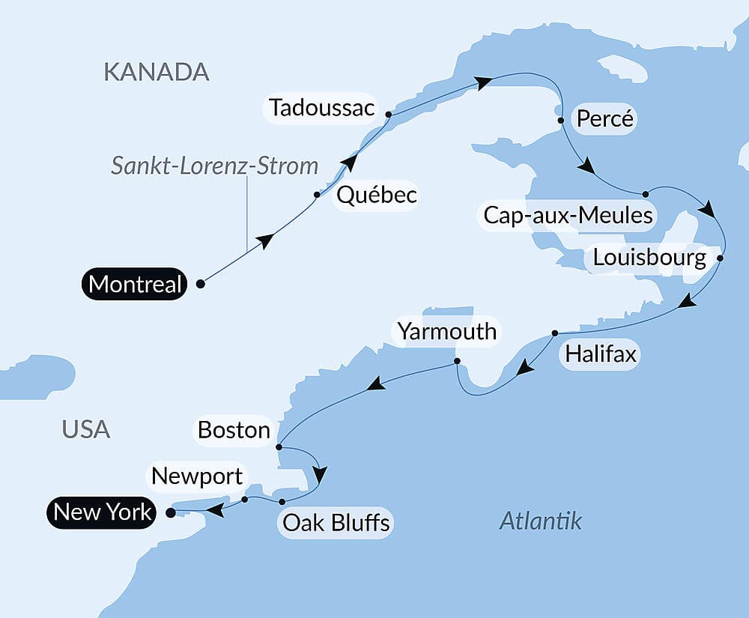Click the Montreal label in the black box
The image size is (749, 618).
point(135,284)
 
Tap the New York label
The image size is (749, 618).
point(103,512)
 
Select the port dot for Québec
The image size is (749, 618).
point(317,195)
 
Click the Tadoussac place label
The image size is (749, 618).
point(322,108)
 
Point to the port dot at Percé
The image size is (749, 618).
point(560,120)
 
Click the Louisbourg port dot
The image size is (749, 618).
point(720,258)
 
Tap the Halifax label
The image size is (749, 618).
point(601,354)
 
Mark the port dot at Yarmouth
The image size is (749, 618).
point(457,363)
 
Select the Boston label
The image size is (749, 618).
point(234,430)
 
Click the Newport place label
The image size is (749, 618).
point(197,476)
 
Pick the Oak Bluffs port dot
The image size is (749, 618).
point(282,501)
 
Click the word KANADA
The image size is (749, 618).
point(156,72)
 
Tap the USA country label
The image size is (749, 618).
point(86,430)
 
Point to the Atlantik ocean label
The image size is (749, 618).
point(540,521)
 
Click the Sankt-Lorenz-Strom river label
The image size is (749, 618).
point(215,166)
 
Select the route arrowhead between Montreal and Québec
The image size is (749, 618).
point(264,240)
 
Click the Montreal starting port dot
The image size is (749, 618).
point(200,284)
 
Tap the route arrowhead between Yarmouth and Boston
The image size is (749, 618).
point(376,384)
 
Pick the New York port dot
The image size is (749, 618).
point(170,513)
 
